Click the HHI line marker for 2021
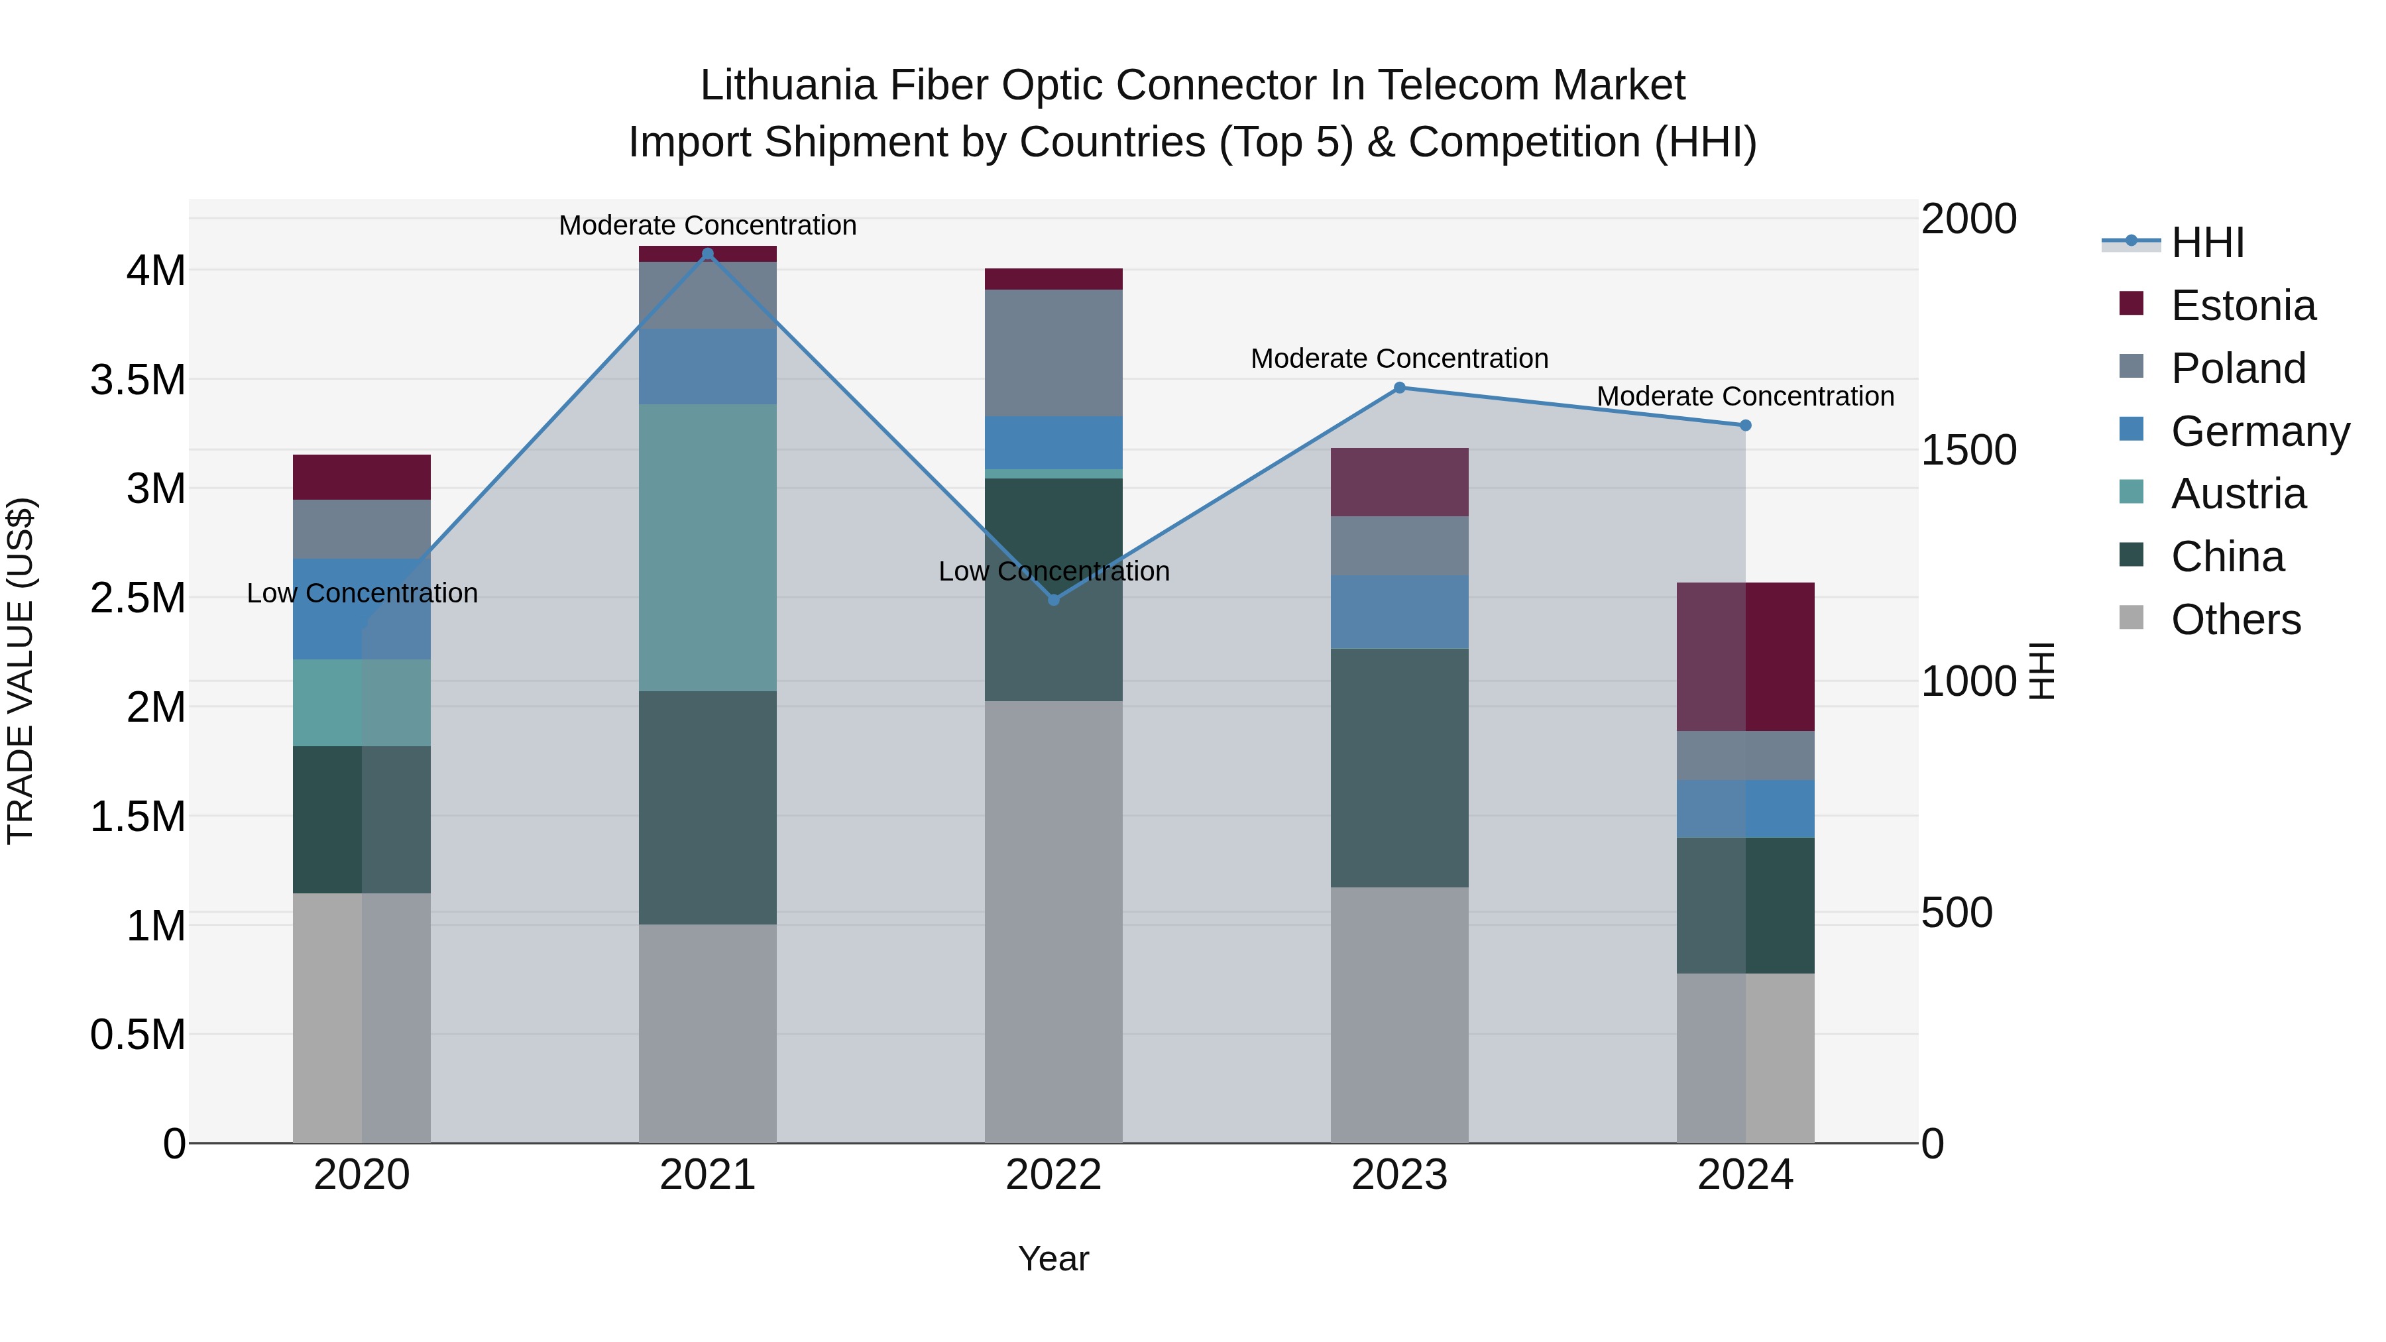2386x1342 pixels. pyautogui.click(x=708, y=254)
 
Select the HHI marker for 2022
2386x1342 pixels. pyautogui.click(x=1053, y=599)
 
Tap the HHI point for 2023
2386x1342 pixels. pyautogui.click(x=1400, y=388)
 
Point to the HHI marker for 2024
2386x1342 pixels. pyautogui.click(x=1745, y=425)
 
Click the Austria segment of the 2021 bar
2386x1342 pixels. pyautogui.click(x=708, y=547)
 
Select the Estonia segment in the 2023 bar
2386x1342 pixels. pyautogui.click(x=1400, y=482)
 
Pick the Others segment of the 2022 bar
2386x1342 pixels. pyautogui.click(x=1053, y=922)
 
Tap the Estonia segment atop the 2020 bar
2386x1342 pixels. pyautogui.click(x=361, y=477)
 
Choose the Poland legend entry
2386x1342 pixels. pyautogui.click(x=2237, y=368)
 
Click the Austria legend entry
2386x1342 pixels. pyautogui.click(x=2237, y=494)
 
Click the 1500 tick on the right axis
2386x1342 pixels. pyautogui.click(x=1968, y=450)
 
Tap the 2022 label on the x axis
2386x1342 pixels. pyautogui.click(x=1053, y=1174)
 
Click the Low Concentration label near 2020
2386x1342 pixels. pyautogui.click(x=361, y=592)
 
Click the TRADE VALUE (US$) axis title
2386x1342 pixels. pyautogui.click(x=21, y=671)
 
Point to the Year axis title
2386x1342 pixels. pyautogui.click(x=1053, y=1258)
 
